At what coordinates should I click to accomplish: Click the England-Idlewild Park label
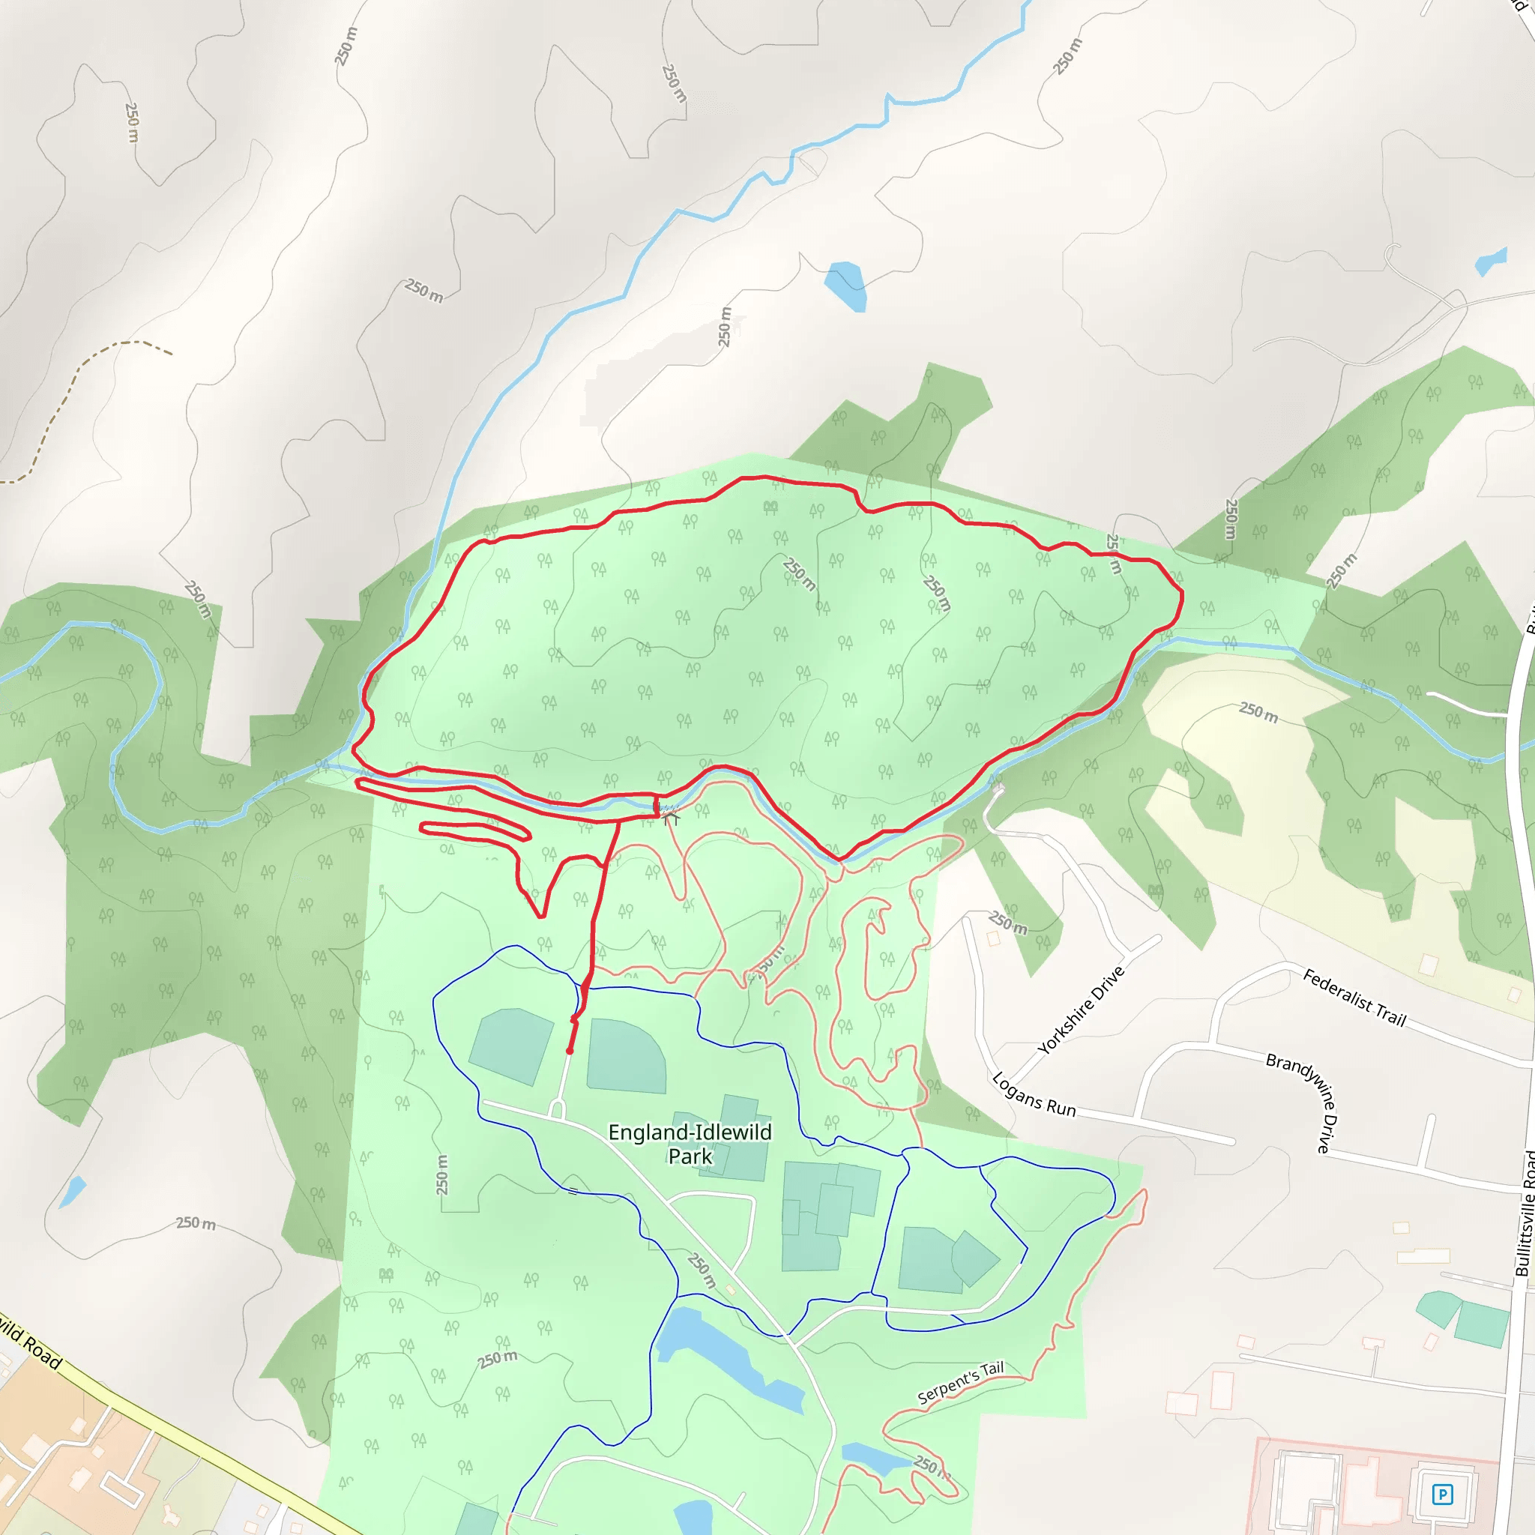coord(690,1144)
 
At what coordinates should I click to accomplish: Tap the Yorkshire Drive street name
coord(1081,1010)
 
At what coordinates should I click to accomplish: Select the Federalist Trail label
coord(1354,998)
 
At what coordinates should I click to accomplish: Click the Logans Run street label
coord(1034,1095)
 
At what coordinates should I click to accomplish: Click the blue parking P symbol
coord(1442,1495)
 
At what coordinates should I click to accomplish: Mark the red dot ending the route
coord(570,1051)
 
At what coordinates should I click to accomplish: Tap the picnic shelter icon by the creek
coord(672,817)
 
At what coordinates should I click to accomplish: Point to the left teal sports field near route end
coord(511,1045)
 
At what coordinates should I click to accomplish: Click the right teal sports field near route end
coord(626,1056)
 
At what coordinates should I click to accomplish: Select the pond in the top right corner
coord(1491,262)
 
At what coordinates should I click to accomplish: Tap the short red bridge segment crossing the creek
coord(656,805)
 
